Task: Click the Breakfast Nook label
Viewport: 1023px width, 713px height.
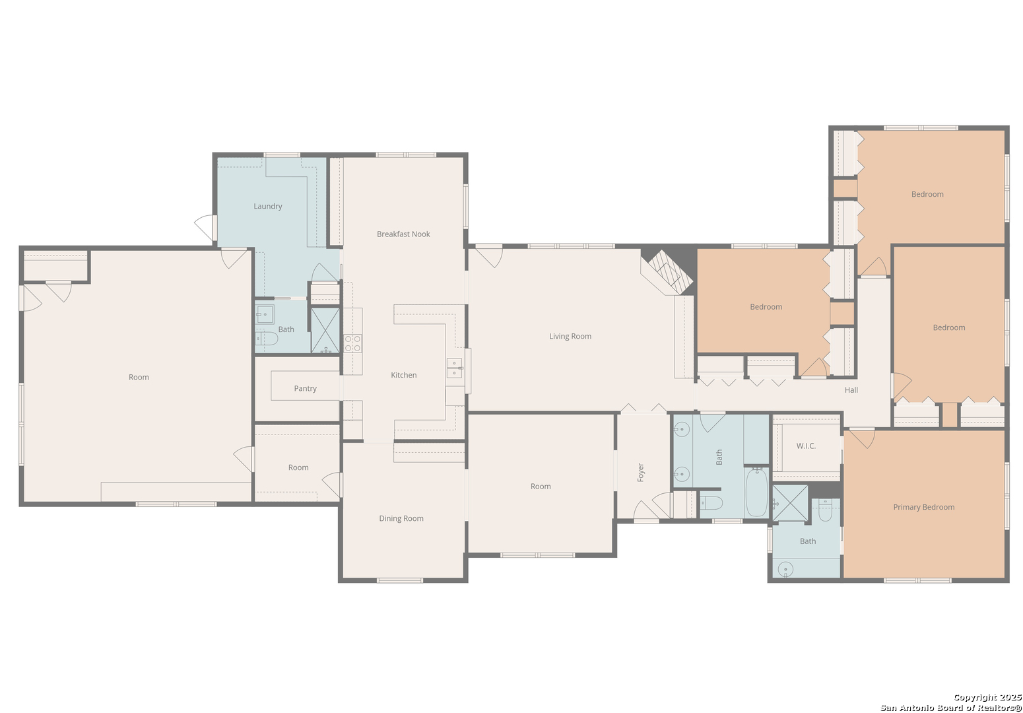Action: coord(403,234)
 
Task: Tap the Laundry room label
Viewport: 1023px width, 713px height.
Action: coord(267,206)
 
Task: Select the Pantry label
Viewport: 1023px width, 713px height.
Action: coord(305,388)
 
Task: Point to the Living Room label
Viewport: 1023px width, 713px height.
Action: coord(570,336)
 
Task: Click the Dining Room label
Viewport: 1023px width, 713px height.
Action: coord(401,518)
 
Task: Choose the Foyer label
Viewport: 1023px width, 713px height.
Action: coord(640,472)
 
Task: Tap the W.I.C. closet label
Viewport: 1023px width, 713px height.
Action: coord(806,446)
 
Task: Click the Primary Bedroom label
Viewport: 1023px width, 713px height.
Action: coord(924,507)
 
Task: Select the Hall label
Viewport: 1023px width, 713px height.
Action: coord(851,390)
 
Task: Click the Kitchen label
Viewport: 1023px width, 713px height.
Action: coord(404,375)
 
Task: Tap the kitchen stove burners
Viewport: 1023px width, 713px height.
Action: coord(352,343)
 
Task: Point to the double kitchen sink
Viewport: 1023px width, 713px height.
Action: coord(455,368)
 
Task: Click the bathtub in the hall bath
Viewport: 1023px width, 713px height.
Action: coord(756,492)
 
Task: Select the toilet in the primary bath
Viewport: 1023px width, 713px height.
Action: coord(825,510)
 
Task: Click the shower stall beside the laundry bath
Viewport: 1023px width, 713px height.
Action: coord(325,330)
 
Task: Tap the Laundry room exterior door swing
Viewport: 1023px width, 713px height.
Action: coord(204,227)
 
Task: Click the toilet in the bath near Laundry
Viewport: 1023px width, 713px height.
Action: coord(267,339)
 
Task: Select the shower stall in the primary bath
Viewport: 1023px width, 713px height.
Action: coord(790,503)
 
